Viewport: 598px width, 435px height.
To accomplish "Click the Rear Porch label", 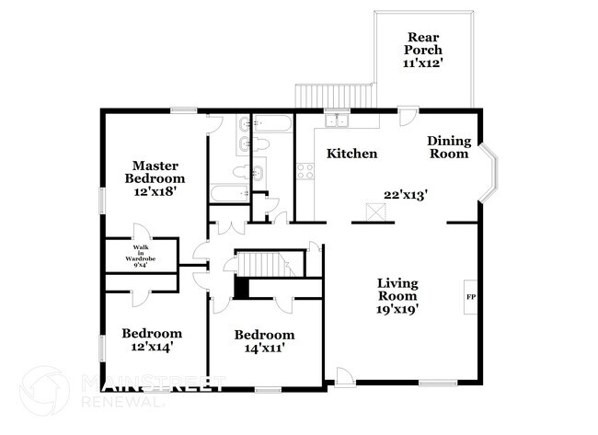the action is pyautogui.click(x=423, y=43).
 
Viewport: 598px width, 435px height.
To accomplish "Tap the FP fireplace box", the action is pyautogui.click(x=471, y=297).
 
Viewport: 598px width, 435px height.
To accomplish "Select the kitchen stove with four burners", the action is pyautogui.click(x=305, y=171).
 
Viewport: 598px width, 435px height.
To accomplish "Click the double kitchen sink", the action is pyautogui.click(x=337, y=120).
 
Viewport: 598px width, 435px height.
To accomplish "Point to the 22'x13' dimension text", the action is pyautogui.click(x=405, y=195).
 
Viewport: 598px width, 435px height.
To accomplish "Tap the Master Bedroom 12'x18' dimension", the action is pyautogui.click(x=155, y=191).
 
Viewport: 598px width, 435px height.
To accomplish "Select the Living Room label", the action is pyautogui.click(x=397, y=290).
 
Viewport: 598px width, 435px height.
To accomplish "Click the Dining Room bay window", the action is pyautogui.click(x=489, y=172).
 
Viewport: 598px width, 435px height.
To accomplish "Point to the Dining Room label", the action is pyautogui.click(x=449, y=147).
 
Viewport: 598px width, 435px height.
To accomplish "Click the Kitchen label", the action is pyautogui.click(x=352, y=154).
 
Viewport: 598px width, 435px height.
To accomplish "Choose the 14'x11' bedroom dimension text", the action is pyautogui.click(x=265, y=348).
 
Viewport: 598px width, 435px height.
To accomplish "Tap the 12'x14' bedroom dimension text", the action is pyautogui.click(x=153, y=347).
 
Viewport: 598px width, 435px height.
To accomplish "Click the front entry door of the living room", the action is pyautogui.click(x=345, y=377).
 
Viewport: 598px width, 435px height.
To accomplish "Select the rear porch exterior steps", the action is pyautogui.click(x=335, y=96).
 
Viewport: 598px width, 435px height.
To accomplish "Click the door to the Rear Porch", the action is pyautogui.click(x=408, y=116).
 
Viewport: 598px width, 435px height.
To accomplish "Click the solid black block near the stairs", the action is pyautogui.click(x=241, y=289).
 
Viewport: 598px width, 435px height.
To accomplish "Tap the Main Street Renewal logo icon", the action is pyautogui.click(x=44, y=391).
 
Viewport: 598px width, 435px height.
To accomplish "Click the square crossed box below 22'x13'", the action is pyautogui.click(x=375, y=212).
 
